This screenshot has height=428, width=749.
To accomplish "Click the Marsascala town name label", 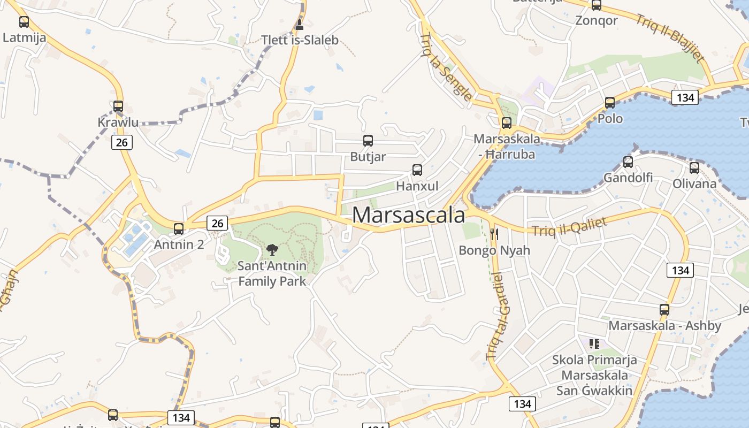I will click(x=409, y=215).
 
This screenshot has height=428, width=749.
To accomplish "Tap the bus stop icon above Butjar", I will click(x=368, y=141).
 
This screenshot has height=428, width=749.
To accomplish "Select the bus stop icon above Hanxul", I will click(x=417, y=170).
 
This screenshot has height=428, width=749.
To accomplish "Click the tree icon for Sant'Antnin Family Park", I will click(x=272, y=249).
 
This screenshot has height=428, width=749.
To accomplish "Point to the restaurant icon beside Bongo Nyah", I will click(x=494, y=234).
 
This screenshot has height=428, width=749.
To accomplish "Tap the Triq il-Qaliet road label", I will click(x=569, y=226).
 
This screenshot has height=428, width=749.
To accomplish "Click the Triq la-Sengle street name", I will click(x=446, y=67).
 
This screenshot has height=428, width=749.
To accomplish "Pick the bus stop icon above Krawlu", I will click(x=118, y=106).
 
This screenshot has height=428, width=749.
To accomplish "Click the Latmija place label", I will click(x=24, y=38).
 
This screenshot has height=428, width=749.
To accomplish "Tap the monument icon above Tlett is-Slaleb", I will click(x=300, y=25).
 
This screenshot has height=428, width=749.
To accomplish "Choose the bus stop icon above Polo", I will click(x=610, y=103).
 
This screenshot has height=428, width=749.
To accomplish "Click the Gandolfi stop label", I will click(x=628, y=177).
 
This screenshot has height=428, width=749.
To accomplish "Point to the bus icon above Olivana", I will click(x=694, y=168).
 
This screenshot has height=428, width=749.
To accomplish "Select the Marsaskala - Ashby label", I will click(x=664, y=325).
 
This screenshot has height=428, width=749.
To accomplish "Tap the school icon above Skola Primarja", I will click(x=594, y=343).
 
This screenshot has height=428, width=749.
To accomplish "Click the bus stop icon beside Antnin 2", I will click(x=179, y=229).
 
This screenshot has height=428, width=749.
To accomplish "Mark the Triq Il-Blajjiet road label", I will click(x=670, y=37).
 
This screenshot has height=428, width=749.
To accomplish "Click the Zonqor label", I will click(x=596, y=20).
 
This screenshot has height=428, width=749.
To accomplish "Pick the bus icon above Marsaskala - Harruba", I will click(x=506, y=123).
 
